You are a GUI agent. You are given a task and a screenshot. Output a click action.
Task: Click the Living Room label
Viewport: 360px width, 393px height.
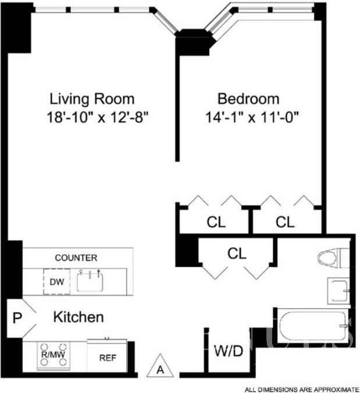tap(92, 99)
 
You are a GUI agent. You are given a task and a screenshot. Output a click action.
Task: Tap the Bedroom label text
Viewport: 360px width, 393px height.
tap(248, 99)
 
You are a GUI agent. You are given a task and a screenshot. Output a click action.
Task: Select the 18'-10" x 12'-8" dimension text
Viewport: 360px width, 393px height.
tap(98, 117)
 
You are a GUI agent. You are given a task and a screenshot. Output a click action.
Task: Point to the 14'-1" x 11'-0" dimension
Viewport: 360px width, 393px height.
tap(252, 117)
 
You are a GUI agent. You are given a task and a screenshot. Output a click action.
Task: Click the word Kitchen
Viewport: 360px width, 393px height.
tap(79, 317)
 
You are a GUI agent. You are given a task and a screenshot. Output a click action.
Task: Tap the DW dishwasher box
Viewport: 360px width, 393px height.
tap(56, 282)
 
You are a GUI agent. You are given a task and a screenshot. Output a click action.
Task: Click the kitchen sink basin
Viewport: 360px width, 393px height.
tap(90, 281)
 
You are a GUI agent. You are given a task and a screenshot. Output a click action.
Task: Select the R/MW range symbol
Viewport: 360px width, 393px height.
tap(54, 355)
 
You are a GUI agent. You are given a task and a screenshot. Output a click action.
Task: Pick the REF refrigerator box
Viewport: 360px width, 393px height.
tap(107, 355)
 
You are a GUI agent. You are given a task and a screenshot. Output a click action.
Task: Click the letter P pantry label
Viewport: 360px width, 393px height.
tap(17, 318)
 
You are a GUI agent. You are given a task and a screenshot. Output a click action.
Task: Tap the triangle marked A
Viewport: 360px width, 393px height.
tap(160, 366)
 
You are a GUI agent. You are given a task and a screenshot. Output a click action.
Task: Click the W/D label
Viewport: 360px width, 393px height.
tap(229, 351)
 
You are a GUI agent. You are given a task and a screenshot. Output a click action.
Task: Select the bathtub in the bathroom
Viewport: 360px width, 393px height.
tap(313, 325)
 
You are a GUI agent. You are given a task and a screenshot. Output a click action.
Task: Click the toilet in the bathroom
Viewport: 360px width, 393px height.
tap(333, 258)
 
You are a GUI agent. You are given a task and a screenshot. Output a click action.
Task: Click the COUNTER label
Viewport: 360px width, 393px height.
tap(76, 258)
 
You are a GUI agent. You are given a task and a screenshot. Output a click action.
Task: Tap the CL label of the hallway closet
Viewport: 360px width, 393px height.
tap(237, 253)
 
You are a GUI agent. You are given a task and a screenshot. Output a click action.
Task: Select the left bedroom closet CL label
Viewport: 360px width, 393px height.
tap(216, 222)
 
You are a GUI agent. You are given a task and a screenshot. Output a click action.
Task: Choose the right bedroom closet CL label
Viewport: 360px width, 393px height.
tap(285, 222)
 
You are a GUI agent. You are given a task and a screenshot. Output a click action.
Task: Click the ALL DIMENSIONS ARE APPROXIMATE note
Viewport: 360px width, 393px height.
tap(302, 390)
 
